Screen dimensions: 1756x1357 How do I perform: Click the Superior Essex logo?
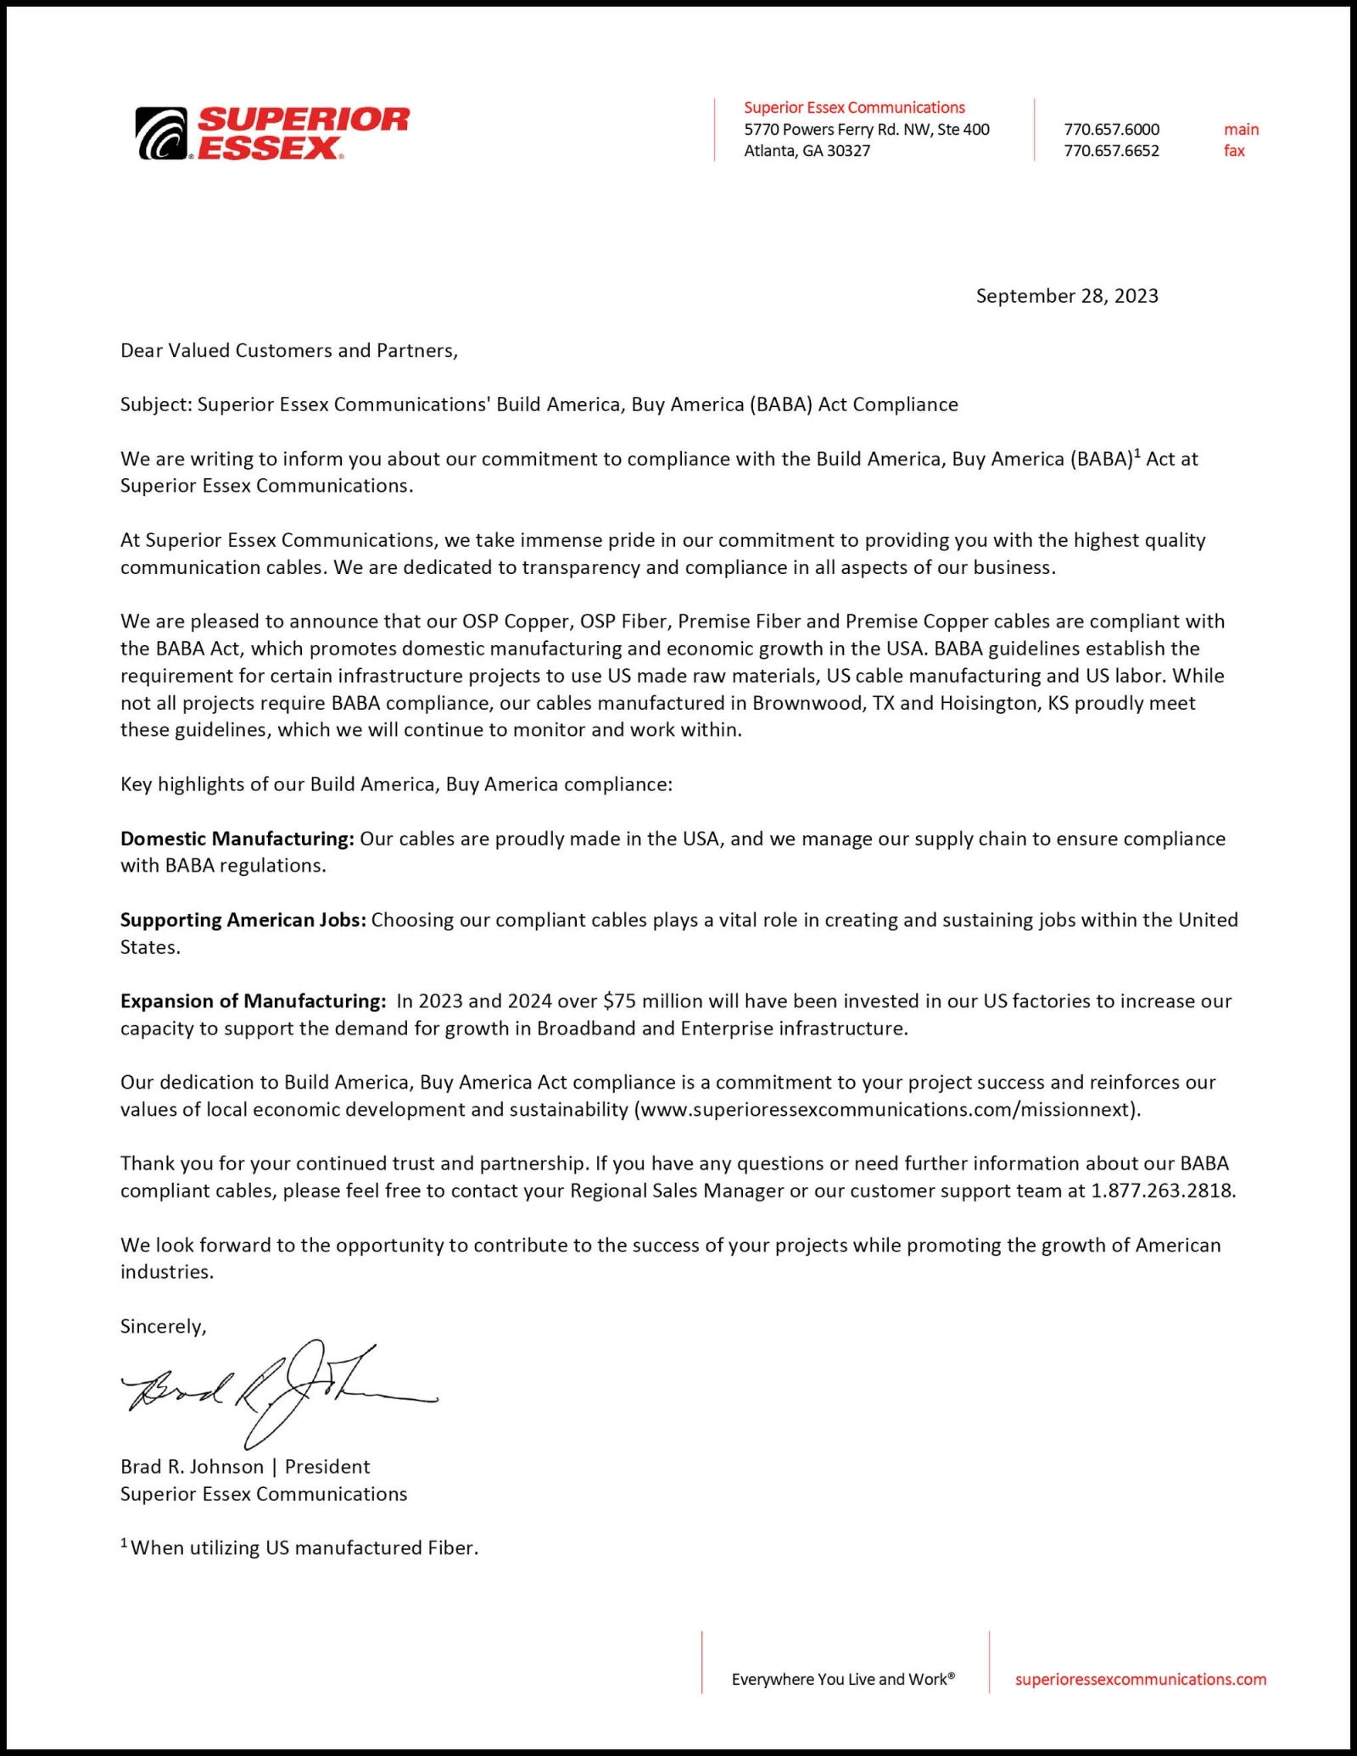[x=272, y=133]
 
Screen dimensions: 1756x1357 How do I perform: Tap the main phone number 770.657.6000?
[x=1111, y=130]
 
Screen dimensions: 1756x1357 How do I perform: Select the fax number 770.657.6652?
[x=1111, y=151]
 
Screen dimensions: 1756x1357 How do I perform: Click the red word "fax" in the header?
[x=1234, y=151]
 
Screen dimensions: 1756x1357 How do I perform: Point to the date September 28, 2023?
[x=1066, y=296]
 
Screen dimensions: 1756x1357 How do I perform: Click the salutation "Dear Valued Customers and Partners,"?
[x=288, y=351]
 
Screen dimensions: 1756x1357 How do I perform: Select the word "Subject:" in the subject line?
[x=156, y=404]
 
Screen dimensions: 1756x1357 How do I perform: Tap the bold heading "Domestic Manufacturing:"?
[x=237, y=839]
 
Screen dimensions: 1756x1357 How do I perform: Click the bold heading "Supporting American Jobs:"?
[x=243, y=920]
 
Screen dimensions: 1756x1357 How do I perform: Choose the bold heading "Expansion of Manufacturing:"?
[x=253, y=1001]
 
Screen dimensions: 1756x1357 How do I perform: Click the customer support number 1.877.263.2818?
[x=1162, y=1190]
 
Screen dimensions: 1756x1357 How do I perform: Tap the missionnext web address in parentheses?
[x=887, y=1110]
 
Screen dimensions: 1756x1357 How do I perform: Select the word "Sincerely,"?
[x=163, y=1326]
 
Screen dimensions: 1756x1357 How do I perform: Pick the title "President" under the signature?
[x=327, y=1467]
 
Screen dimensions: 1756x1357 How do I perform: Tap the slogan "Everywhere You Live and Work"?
[x=842, y=1679]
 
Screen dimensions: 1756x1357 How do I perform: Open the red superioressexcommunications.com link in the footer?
[x=1140, y=1679]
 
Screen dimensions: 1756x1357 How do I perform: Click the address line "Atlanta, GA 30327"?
[x=807, y=151]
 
